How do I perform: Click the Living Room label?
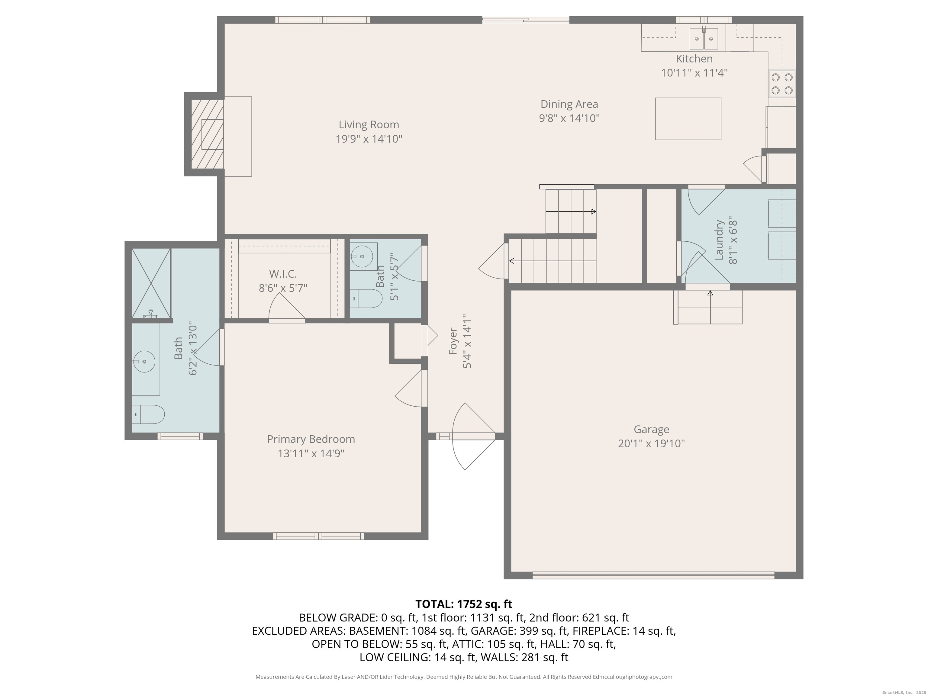click(x=369, y=124)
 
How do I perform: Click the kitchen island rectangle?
click(x=688, y=119)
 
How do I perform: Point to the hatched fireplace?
click(x=207, y=134)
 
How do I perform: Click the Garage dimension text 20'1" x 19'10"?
click(x=651, y=443)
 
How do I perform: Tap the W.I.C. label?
click(x=283, y=274)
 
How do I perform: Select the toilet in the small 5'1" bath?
click(x=366, y=299)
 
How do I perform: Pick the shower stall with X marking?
click(x=151, y=283)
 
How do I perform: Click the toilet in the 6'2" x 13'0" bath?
click(x=148, y=414)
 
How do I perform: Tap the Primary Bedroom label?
click(x=311, y=439)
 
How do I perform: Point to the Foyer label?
click(x=453, y=341)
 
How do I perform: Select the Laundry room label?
click(x=719, y=240)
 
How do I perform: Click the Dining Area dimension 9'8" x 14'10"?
click(x=569, y=118)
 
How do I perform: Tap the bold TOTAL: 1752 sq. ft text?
click(x=464, y=604)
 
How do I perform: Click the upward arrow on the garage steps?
click(x=710, y=294)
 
